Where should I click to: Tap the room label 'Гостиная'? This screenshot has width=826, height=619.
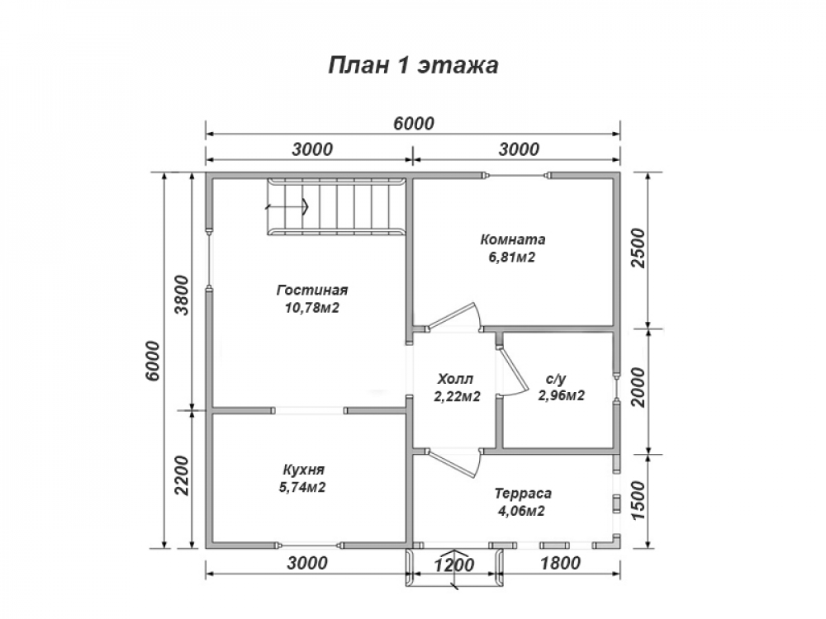312,290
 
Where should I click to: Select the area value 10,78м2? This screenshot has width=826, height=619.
312,308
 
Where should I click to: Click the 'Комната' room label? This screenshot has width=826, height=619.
513,239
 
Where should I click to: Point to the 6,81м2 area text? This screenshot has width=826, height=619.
512,258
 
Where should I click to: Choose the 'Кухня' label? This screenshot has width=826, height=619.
303,470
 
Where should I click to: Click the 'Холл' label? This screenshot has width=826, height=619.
455,379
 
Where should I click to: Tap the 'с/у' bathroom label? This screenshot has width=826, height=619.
556,379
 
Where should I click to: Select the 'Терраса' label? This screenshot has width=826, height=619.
523,494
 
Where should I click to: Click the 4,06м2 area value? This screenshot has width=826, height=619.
521,511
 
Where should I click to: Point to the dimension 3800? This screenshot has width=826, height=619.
181,295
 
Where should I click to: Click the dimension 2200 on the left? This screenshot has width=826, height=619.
181,475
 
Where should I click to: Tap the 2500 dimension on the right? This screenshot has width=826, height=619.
638,248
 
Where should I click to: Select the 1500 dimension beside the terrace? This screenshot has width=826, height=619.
638,501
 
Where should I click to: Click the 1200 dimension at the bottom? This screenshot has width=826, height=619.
454,565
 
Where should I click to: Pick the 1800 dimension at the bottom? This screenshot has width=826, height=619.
560,564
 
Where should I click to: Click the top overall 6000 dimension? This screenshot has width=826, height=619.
414,124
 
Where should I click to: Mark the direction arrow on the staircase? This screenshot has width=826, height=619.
287,206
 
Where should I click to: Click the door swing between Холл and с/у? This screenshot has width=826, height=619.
513,372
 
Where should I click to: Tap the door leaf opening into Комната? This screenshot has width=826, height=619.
453,316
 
